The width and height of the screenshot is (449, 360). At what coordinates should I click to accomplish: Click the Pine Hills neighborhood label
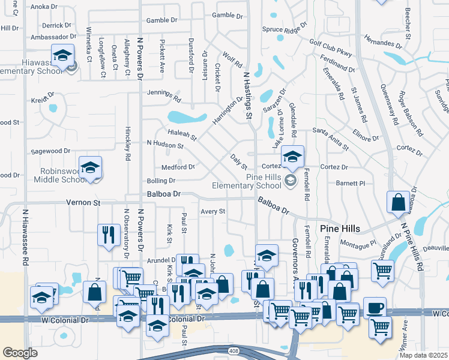click(340, 229)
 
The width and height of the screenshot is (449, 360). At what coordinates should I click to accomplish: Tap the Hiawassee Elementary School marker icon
click(62, 56)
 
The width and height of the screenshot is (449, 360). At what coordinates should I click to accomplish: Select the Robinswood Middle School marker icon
click(90, 167)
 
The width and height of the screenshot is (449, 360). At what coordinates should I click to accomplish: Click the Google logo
click(20, 353)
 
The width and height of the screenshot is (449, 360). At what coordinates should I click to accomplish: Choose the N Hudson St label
click(165, 145)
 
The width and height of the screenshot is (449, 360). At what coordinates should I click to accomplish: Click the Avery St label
click(212, 211)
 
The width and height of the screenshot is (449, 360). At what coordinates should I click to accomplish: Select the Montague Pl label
click(358, 243)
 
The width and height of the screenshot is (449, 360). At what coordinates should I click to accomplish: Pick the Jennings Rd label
click(164, 94)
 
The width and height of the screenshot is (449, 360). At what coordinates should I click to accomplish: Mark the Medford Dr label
click(178, 167)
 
